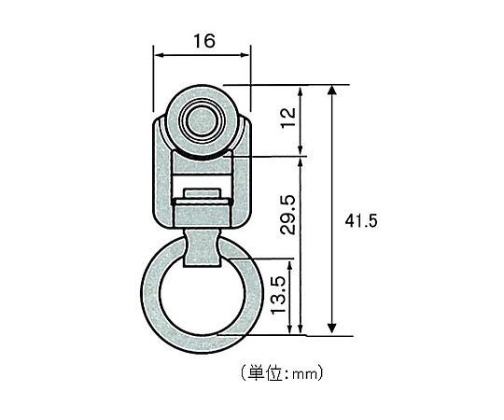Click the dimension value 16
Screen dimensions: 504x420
pyautogui.click(x=204, y=41)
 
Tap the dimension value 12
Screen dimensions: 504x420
pyautogui.click(x=288, y=118)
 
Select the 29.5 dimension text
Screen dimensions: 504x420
pyautogui.click(x=287, y=215)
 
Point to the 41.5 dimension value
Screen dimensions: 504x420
pyautogui.click(x=361, y=221)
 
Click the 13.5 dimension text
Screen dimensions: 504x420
pyautogui.click(x=278, y=295)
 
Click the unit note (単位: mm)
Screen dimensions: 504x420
pyautogui.click(x=282, y=372)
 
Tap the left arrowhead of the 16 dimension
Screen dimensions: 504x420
pyautogui.click(x=159, y=55)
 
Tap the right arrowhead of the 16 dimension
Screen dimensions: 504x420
pyautogui.click(x=245, y=55)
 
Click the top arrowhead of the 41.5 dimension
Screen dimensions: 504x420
pyautogui.click(x=332, y=90)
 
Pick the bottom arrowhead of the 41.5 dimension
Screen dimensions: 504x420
pyautogui.click(x=332, y=329)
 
